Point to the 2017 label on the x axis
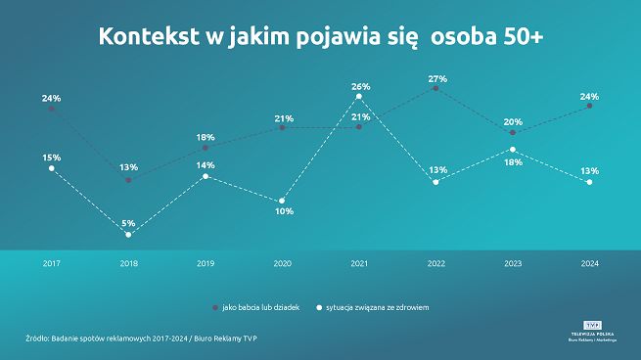pos(51,264)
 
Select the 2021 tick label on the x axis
pos(359,264)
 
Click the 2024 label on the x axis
pos(590,264)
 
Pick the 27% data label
pos(437,78)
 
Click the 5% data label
pos(128,223)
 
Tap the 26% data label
pos(360,86)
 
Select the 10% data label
pos(283,210)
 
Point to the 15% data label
pos(51,157)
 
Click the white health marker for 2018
pos(128,235)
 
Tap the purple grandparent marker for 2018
pos(128,179)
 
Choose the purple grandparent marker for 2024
pos(590,107)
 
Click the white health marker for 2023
pos(514,150)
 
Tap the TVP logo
pos(592,323)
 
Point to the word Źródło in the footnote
pos(41,338)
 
